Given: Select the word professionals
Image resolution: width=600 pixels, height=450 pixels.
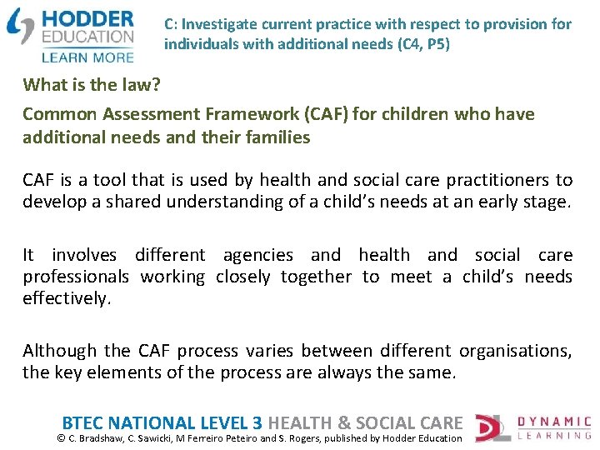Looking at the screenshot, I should [76, 277].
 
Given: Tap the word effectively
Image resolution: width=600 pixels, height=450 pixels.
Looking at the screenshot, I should [66, 298].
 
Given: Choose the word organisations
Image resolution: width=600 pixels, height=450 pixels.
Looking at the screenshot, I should [514, 351].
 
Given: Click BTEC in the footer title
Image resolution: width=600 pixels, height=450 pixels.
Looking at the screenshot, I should [85, 422].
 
